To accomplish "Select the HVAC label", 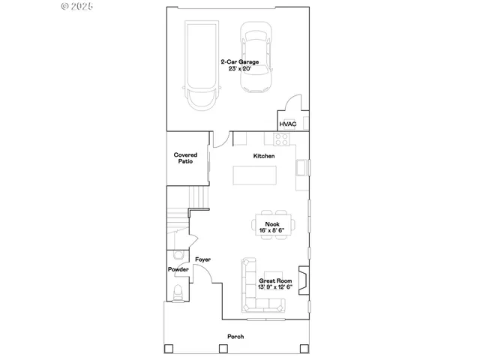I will tap(287, 124).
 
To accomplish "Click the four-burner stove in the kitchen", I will tap(282, 138).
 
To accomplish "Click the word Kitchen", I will tap(263, 155).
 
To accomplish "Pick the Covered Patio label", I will tap(186, 157).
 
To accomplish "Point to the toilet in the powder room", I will tap(178, 292).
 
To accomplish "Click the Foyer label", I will tap(202, 259).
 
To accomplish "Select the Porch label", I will tap(236, 336).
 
